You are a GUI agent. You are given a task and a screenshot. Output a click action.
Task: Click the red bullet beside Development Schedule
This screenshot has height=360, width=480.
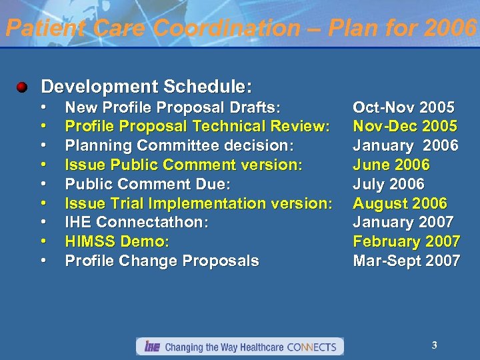tap(23, 87)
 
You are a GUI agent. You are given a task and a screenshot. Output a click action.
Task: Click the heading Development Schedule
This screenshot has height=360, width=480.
tap(147, 87)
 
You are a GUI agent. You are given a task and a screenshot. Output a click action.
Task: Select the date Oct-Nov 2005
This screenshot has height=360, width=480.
tap(404, 107)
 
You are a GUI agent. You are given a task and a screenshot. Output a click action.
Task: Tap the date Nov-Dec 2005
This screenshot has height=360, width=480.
tap(405, 126)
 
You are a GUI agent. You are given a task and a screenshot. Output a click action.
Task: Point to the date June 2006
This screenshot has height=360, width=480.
tap(391, 165)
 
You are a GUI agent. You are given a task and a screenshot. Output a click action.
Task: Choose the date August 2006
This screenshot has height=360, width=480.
tap(400, 203)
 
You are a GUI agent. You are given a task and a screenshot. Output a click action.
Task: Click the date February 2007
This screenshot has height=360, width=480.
tap(406, 241)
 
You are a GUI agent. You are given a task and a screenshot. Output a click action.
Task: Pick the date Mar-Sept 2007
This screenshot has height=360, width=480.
tap(406, 261)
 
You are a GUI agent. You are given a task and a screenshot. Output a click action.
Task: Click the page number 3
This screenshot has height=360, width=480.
tap(435, 345)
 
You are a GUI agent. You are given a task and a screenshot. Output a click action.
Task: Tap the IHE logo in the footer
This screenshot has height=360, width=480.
tap(151, 347)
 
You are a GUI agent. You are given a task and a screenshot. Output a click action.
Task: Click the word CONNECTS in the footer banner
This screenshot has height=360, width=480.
tap(311, 347)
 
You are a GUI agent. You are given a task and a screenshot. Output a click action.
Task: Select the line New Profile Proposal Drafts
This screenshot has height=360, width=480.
tap(173, 107)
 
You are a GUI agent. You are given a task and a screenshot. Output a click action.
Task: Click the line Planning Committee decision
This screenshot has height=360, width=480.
tap(179, 145)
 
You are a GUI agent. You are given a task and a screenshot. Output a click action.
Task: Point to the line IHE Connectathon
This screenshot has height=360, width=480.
tap(137, 222)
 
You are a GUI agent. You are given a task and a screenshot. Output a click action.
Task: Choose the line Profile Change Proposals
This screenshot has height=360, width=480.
tap(162, 261)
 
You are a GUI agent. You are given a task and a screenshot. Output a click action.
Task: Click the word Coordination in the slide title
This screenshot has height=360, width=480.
tap(227, 28)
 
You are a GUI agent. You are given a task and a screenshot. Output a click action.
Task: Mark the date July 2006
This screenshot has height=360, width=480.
tap(389, 184)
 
